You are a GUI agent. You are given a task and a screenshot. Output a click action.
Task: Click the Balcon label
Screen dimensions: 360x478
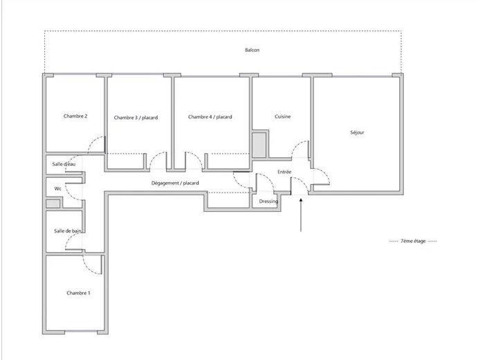point(252,50)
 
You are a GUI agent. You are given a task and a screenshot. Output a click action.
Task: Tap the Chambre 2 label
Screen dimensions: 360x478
point(75,116)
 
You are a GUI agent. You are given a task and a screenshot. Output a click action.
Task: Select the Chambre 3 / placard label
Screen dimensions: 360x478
point(136,118)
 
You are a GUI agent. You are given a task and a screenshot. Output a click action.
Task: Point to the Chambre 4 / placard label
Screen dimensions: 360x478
point(210,117)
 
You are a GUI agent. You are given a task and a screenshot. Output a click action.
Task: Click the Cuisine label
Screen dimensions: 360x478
point(282,116)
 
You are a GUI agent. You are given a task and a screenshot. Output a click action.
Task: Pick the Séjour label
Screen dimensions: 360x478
point(357,132)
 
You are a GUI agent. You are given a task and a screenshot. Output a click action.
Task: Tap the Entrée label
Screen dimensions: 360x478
point(284,171)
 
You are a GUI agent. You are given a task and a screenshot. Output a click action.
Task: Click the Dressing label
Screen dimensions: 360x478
point(268,201)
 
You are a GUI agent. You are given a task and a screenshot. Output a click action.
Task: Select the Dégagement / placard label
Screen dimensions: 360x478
point(175,183)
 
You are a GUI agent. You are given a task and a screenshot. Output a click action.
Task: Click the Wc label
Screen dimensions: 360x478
point(58,188)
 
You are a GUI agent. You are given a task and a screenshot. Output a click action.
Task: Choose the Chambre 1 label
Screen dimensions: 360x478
point(78,294)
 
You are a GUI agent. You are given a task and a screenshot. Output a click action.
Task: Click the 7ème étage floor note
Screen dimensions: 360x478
point(413,241)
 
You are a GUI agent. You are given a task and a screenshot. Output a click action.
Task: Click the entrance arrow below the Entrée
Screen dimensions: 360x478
point(302,215)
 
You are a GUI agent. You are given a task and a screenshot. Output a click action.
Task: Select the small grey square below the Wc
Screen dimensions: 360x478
point(53,204)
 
